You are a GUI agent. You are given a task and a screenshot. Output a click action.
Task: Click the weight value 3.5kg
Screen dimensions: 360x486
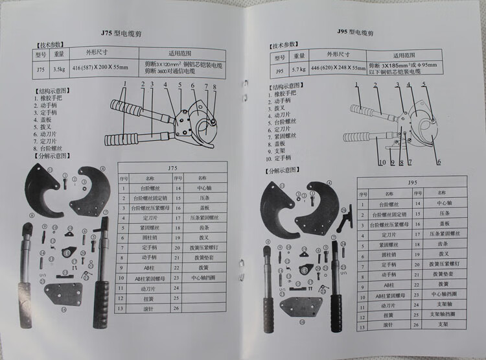[59, 67]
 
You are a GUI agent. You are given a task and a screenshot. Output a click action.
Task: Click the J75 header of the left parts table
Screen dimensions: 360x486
[172, 167]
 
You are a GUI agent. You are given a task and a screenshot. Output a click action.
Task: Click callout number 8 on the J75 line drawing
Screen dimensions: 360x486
[214, 86]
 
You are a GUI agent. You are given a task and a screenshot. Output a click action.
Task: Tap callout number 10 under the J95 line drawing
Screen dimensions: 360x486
[384, 162]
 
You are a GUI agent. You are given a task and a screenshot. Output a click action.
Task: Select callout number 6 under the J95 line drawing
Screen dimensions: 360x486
[439, 162]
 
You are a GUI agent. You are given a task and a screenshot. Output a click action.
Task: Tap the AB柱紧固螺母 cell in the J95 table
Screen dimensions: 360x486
[389, 294]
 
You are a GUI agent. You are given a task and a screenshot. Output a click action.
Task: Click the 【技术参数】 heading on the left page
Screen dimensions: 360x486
[49, 46]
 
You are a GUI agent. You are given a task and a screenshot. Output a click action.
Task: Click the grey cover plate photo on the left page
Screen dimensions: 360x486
[66, 292]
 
